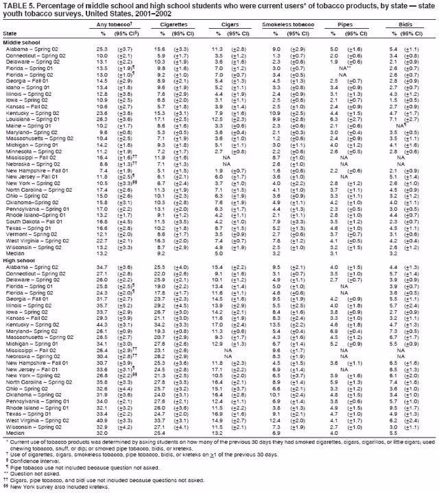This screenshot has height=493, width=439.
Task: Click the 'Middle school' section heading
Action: (x=21, y=42)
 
